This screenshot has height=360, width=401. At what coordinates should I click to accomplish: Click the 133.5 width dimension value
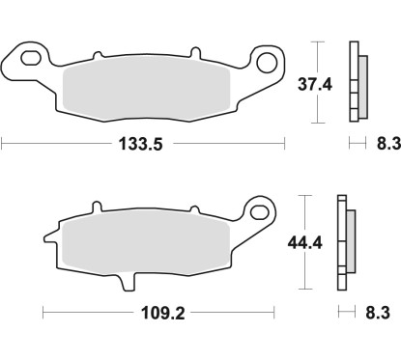[142, 145]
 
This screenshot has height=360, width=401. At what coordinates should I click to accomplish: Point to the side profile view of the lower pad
[343, 243]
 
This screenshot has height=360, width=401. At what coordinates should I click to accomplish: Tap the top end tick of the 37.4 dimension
[317, 42]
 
